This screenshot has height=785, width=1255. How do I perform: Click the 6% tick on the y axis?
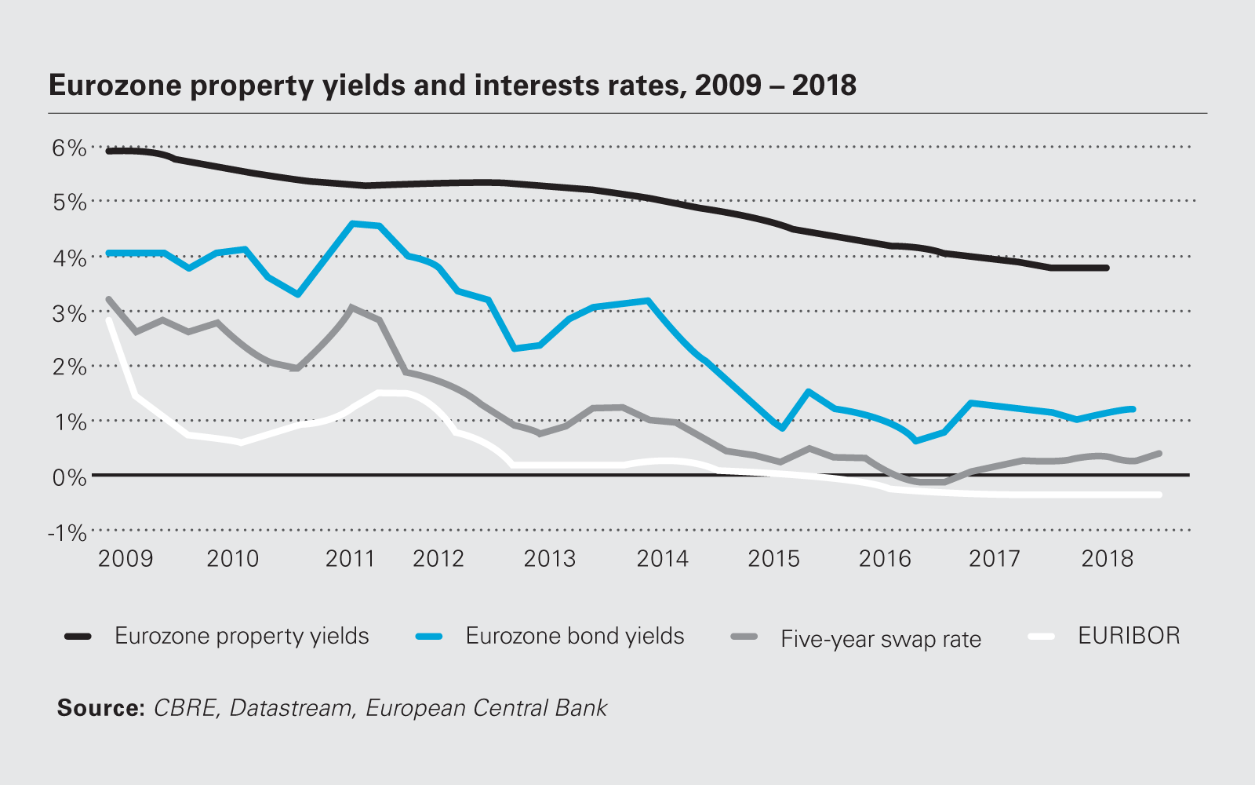tap(69, 148)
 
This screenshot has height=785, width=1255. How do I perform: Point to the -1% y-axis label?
tap(67, 533)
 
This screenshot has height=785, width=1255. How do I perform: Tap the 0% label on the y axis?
tap(69, 477)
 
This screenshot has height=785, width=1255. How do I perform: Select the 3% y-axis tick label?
tap(69, 313)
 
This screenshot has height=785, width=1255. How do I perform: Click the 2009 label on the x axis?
tap(125, 558)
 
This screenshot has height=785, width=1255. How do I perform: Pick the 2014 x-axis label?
tap(662, 558)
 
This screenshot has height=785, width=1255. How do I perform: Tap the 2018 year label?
tap(1107, 558)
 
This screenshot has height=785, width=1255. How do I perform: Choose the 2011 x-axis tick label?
tap(350, 558)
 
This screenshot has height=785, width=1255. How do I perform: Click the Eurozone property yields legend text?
tap(242, 636)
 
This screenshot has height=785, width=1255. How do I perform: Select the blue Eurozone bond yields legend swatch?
tap(429, 637)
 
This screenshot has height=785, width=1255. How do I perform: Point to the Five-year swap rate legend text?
tap(880, 639)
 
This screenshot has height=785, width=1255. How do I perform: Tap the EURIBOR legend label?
tap(1129, 636)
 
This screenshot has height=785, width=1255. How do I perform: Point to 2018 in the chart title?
tap(824, 85)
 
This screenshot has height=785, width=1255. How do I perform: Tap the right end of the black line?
tap(1106, 268)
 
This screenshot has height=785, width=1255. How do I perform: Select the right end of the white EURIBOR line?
tap(1159, 495)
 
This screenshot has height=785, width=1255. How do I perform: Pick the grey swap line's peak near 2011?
tap(351, 308)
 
